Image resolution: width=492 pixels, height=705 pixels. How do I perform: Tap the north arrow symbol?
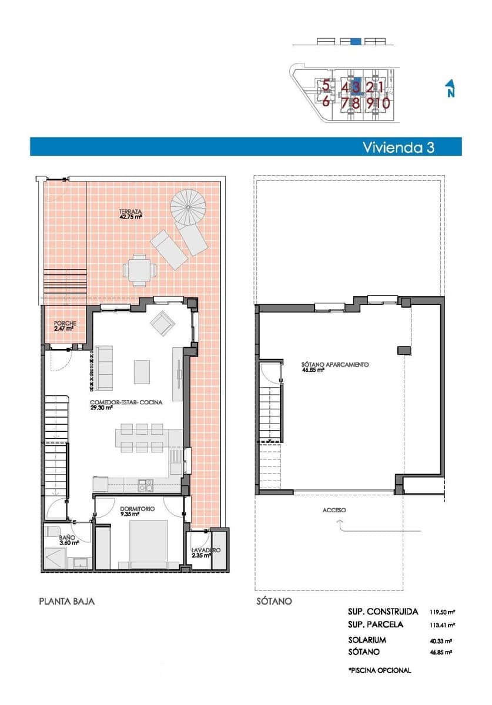pyautogui.click(x=450, y=88)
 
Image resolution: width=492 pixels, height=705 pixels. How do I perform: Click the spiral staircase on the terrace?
pyautogui.click(x=189, y=206)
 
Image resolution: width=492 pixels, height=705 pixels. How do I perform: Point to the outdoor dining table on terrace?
pyautogui.click(x=140, y=270)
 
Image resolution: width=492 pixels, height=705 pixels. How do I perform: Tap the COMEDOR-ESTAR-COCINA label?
pyautogui.click(x=126, y=404)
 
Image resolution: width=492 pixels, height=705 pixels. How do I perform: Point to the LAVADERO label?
pyautogui.click(x=206, y=550)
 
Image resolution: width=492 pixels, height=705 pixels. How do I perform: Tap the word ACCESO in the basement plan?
pyautogui.click(x=334, y=510)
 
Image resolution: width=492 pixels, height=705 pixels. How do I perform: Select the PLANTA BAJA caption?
pyautogui.click(x=66, y=601)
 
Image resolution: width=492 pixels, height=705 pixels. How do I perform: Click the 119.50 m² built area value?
pyautogui.click(x=441, y=612)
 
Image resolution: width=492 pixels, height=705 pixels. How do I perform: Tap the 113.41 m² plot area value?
pyautogui.click(x=441, y=625)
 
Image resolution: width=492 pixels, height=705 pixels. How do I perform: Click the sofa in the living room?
pyautogui.click(x=105, y=368)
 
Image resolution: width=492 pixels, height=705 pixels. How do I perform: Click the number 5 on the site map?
pyautogui.click(x=326, y=85)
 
